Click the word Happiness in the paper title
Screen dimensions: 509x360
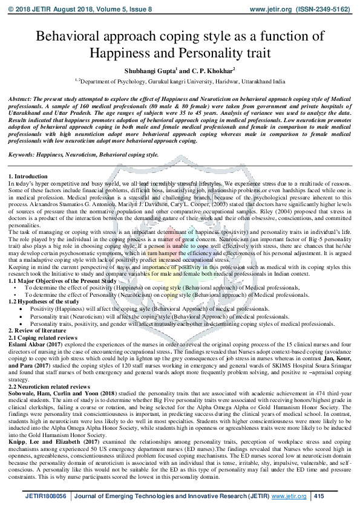pos(125,53)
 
